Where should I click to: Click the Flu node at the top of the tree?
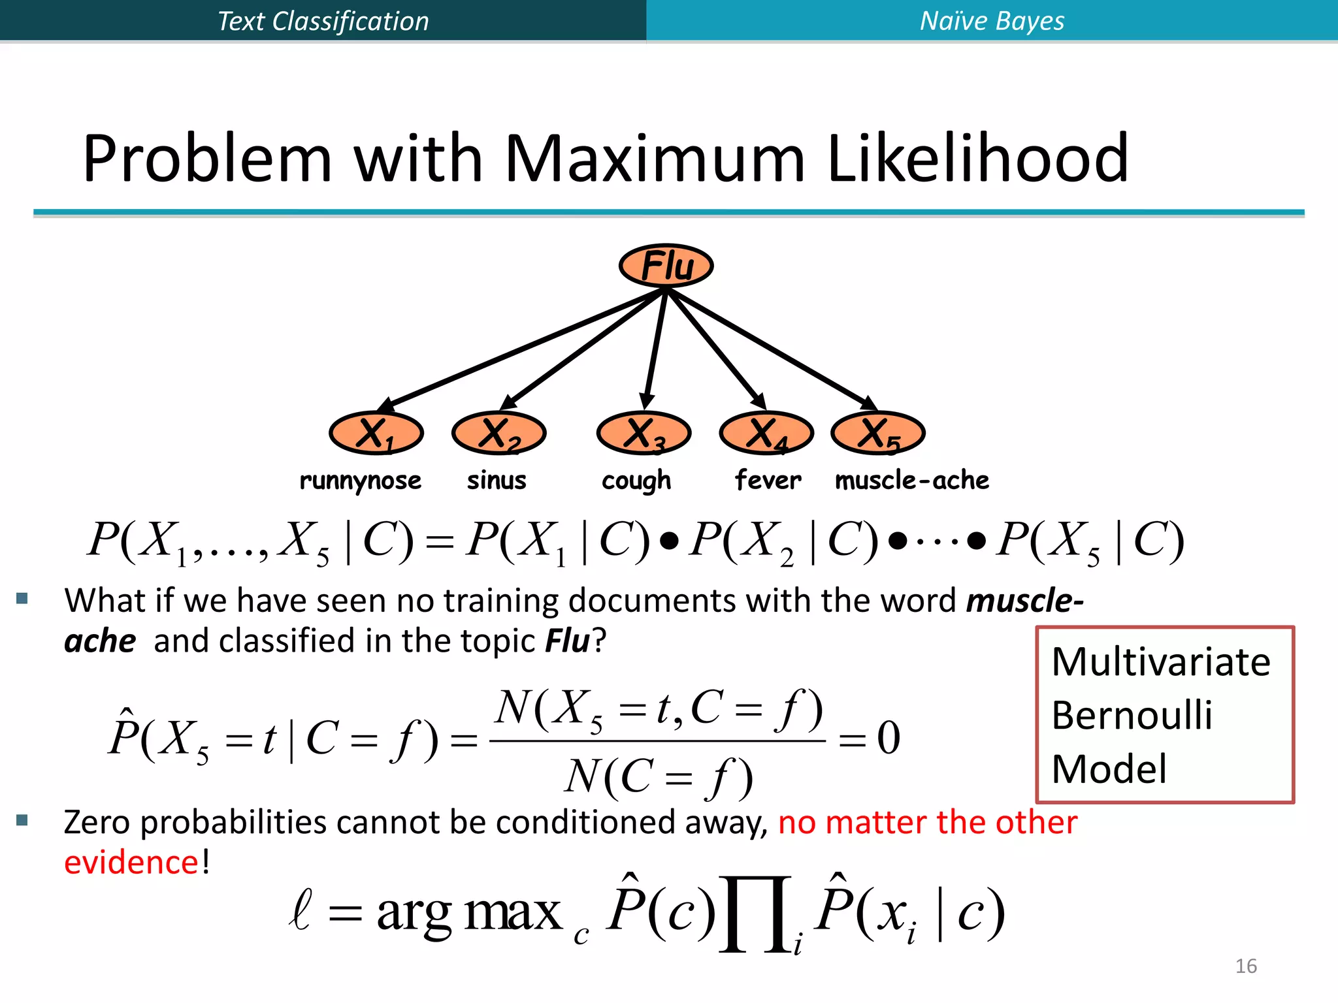(x=666, y=266)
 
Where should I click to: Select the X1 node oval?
(x=376, y=433)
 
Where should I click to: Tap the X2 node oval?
(x=498, y=433)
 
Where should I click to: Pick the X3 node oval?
(x=644, y=433)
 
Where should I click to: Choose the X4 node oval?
(x=766, y=433)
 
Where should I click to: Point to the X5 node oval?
(x=878, y=433)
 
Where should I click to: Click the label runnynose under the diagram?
(x=360, y=481)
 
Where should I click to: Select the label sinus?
(x=497, y=481)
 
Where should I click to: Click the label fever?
(x=768, y=481)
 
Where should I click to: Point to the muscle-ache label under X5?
(x=912, y=481)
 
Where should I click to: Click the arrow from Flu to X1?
(x=523, y=349)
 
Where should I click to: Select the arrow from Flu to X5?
(x=771, y=349)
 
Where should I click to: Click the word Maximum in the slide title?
(x=655, y=159)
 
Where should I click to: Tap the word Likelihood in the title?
(x=977, y=159)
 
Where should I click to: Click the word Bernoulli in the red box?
(x=1132, y=715)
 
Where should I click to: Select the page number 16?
(x=1246, y=966)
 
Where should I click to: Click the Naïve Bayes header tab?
(x=992, y=21)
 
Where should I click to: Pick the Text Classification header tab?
(x=323, y=21)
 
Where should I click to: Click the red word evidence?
(x=131, y=863)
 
